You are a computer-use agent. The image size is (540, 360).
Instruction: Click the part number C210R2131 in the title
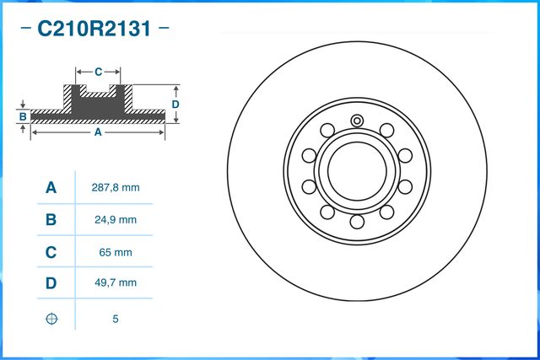coord(94,30)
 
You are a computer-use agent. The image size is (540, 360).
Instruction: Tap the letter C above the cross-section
coord(98,73)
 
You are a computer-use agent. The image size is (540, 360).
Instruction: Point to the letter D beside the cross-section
coord(175,104)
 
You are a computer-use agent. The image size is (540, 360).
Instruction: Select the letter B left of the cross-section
coord(23,116)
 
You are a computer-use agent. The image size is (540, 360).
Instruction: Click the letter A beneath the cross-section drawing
coord(98,132)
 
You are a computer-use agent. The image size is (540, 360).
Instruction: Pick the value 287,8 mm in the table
coord(114,188)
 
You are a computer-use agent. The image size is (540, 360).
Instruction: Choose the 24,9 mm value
coord(114,220)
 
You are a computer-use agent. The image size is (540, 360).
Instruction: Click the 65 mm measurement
coord(114,252)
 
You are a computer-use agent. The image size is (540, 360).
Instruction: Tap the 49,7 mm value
coord(114,283)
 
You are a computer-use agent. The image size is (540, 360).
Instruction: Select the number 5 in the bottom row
coord(114,319)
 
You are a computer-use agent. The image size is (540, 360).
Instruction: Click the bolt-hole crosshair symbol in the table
coord(51,319)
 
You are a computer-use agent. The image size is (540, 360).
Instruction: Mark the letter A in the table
coord(51,188)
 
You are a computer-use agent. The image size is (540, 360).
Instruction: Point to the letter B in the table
coord(51,220)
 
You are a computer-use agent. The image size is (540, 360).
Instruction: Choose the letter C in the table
coord(51,252)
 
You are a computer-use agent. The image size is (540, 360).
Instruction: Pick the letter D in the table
coord(51,283)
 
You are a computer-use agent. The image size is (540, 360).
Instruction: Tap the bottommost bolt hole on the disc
coord(357,222)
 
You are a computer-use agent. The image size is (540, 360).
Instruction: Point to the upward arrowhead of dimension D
coord(176,88)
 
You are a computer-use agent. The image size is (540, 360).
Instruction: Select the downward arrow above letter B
coord(23,106)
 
